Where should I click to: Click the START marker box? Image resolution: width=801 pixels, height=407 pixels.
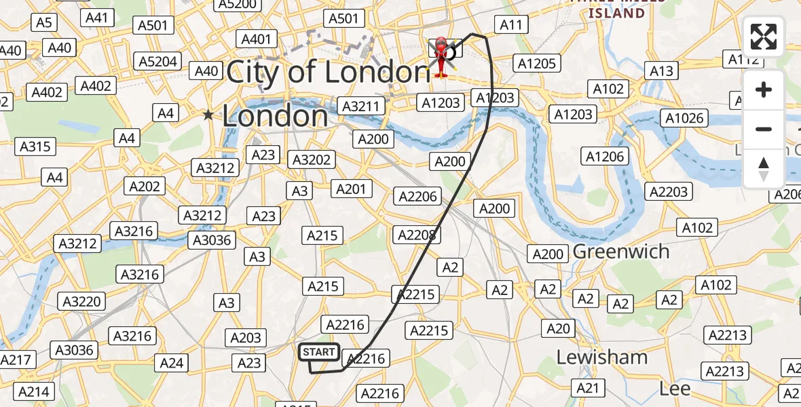[319, 352]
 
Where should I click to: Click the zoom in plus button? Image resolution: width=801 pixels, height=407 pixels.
[764, 90]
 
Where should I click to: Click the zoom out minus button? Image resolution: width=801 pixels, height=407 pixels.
[764, 129]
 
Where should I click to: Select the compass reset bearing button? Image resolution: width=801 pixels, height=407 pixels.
[764, 168]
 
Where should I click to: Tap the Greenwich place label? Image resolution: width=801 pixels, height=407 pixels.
[621, 252]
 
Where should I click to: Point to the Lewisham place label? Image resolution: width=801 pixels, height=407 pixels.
[602, 357]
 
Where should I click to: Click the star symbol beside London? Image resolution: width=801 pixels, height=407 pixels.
[208, 116]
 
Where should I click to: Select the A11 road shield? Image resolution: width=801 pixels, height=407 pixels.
[512, 25]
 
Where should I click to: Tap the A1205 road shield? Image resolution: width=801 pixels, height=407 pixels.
[537, 64]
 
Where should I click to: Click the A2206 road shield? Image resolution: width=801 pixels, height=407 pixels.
[418, 197]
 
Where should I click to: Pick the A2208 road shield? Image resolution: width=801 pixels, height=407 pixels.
[415, 235]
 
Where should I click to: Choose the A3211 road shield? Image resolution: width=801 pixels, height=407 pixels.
[362, 106]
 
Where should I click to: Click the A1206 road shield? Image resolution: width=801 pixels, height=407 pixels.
[604, 157]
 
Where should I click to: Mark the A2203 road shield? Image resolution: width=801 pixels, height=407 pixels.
[669, 192]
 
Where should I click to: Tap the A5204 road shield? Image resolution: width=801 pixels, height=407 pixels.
[158, 62]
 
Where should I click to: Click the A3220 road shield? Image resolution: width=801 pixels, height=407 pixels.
[82, 301]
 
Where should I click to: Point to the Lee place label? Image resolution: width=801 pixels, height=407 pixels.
[675, 389]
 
